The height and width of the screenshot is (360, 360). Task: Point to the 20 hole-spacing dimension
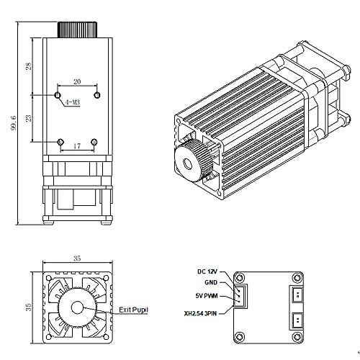click(x=78, y=83)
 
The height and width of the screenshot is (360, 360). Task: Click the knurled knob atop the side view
click(x=77, y=29)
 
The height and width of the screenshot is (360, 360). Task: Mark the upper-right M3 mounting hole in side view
click(x=97, y=94)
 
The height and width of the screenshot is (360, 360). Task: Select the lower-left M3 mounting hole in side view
click(x=60, y=141)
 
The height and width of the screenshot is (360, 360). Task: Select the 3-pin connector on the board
click(x=241, y=295)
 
